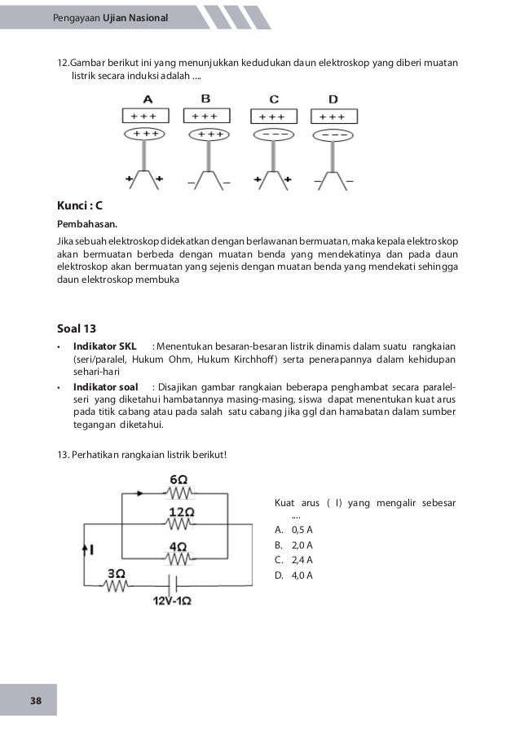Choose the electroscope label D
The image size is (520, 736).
coord(333,99)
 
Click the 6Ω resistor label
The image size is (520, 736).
coord(180,479)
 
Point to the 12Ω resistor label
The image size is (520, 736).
coord(181,511)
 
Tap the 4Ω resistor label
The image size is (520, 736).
coord(180,545)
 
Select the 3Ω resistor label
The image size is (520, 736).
coord(116,572)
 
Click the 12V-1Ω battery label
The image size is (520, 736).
coord(172,602)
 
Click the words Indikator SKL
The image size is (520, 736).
coord(105,347)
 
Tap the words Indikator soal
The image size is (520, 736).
coord(107,386)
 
